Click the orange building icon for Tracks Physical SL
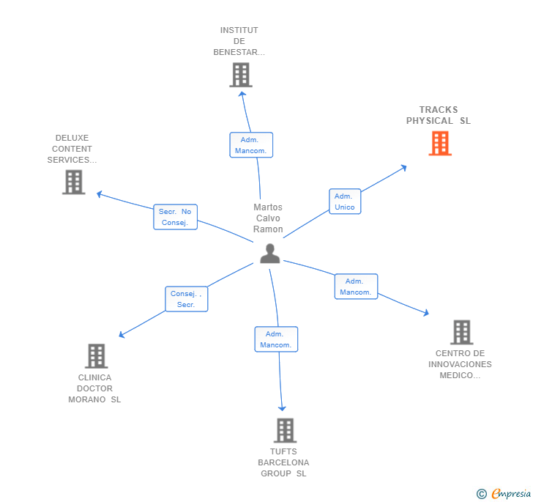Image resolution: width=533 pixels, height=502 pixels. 439,143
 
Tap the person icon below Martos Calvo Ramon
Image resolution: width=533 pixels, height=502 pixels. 269,254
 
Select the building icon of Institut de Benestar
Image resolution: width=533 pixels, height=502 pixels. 240,75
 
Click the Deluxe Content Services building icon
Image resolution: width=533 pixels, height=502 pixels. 73,182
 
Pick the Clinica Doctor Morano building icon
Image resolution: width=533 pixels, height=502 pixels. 96,356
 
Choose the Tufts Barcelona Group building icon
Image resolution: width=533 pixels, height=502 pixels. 285,430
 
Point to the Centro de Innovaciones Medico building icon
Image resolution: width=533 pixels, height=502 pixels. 461,332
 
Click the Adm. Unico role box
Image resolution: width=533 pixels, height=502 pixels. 344,202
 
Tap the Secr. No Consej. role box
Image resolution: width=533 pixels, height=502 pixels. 175,217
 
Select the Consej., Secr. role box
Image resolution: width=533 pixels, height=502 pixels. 186,299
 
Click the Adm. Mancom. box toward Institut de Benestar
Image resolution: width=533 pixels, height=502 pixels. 251,145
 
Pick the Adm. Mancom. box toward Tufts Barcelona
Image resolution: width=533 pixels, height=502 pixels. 276,339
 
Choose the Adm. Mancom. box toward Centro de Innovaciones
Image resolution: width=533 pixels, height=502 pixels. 356,287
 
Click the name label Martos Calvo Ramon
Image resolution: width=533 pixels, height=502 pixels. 268,218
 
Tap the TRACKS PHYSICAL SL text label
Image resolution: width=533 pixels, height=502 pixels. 439,115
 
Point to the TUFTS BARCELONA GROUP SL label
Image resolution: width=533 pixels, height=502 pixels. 283,462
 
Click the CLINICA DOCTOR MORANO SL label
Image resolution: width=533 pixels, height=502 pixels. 94,388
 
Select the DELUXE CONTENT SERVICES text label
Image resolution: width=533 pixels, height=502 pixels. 72,149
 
